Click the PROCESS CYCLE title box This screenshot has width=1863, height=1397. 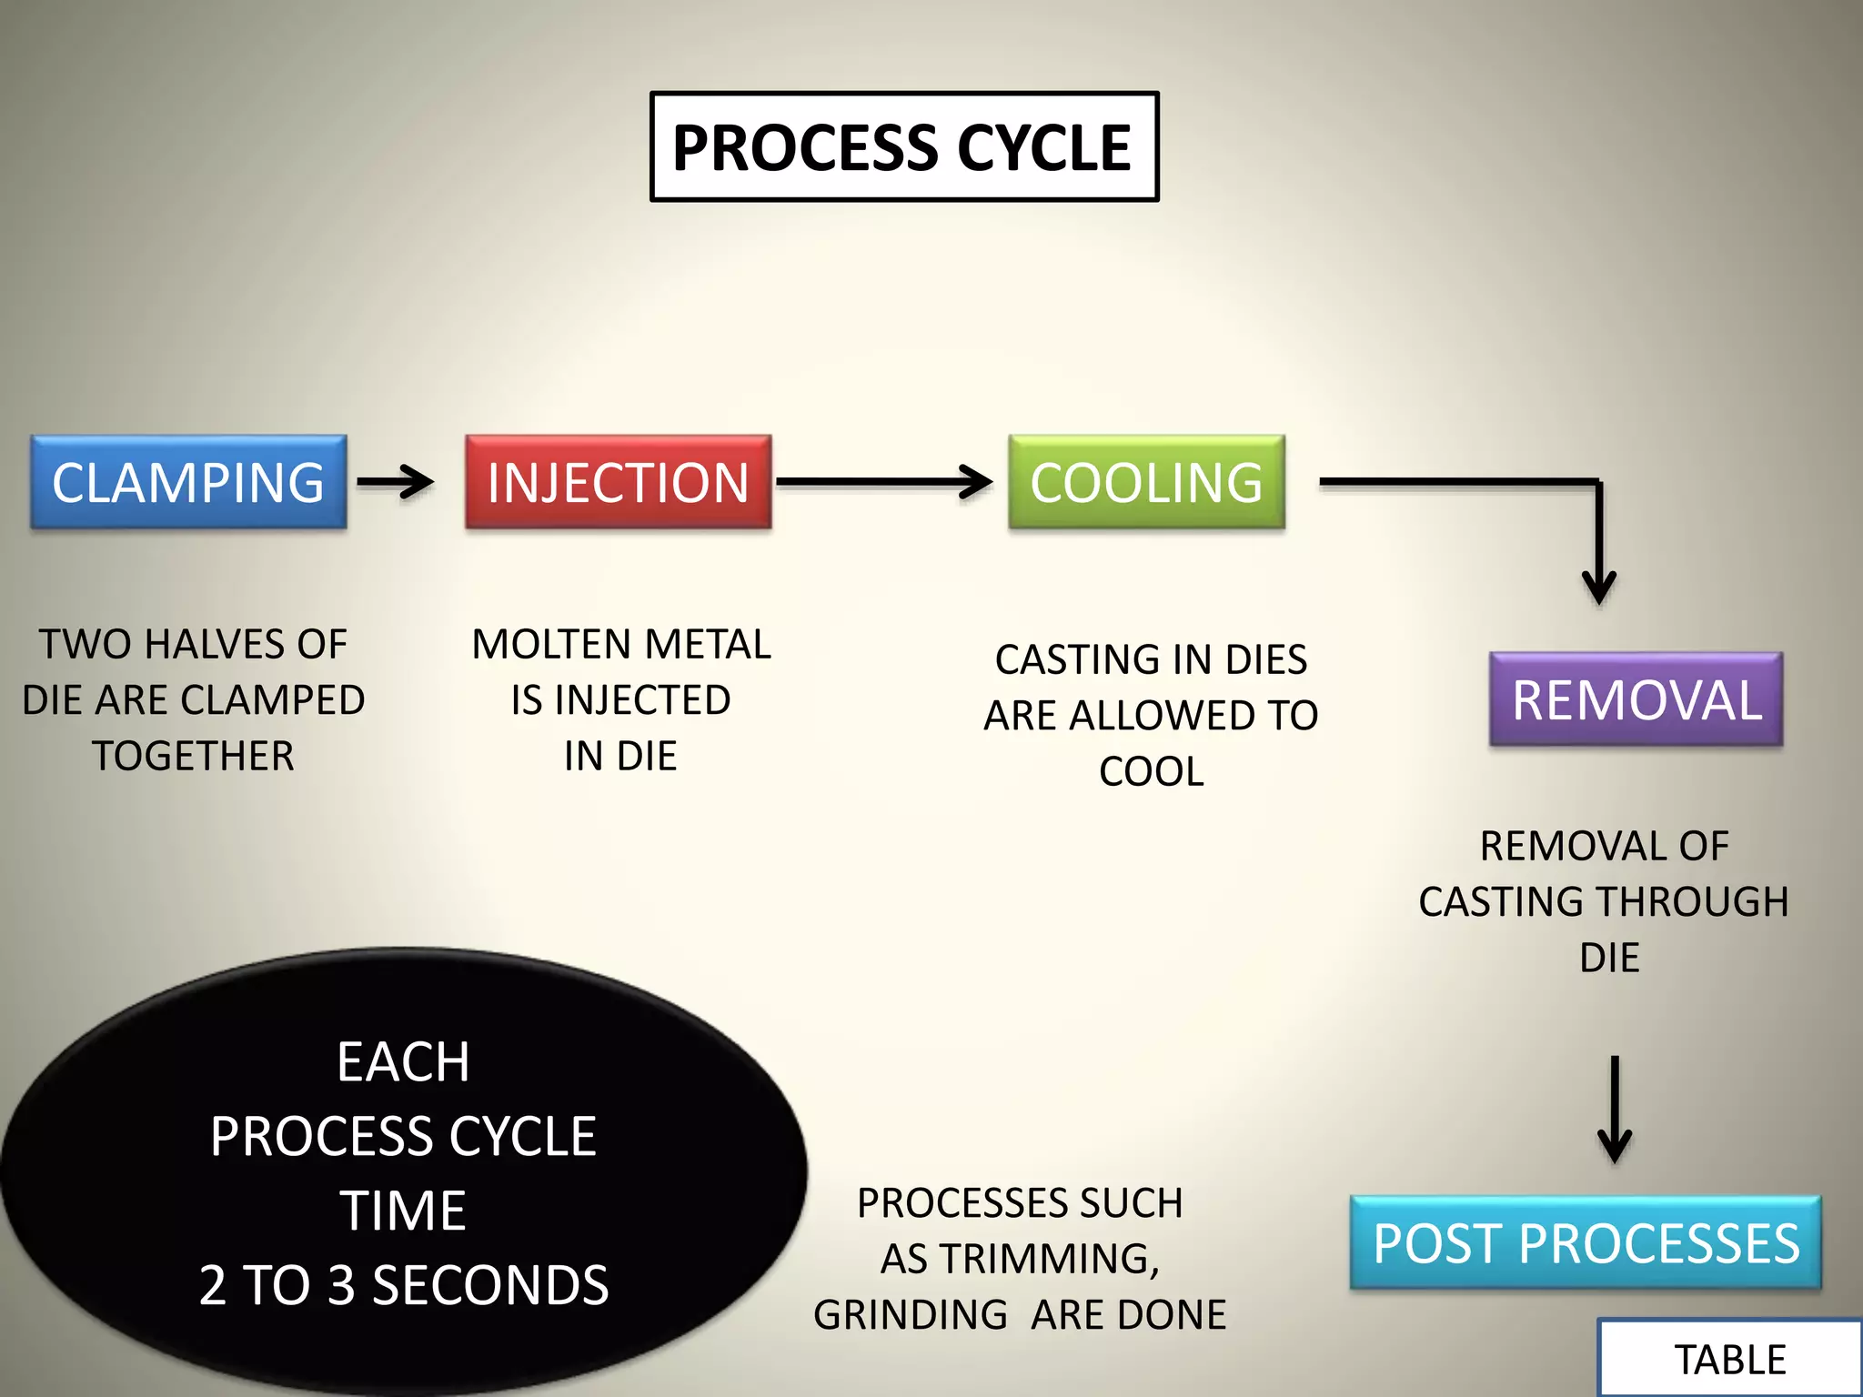click(x=903, y=146)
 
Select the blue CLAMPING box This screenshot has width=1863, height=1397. click(x=188, y=482)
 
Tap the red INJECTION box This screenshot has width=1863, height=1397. click(x=618, y=482)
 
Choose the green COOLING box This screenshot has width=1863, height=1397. click(x=1146, y=482)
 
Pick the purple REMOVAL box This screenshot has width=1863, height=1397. click(x=1636, y=699)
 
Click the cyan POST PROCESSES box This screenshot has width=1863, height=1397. click(x=1586, y=1242)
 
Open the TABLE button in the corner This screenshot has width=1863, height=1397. click(x=1729, y=1359)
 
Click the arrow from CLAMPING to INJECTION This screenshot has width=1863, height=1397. click(x=395, y=482)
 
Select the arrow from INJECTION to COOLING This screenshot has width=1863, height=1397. click(x=882, y=482)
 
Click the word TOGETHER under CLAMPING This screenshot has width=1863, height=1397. click(x=193, y=756)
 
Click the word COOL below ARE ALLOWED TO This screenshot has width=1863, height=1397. click(x=1151, y=771)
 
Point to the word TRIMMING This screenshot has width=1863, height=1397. click(x=1049, y=1259)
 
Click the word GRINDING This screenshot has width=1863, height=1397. click(x=910, y=1314)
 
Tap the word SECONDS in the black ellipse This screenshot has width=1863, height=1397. click(x=490, y=1284)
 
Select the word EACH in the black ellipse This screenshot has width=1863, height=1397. click(x=403, y=1061)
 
